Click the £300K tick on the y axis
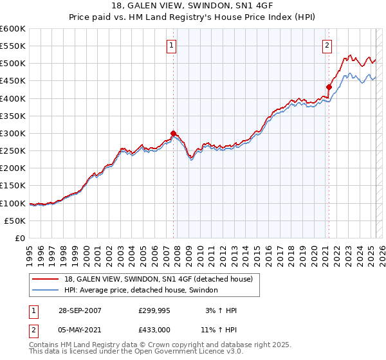(13, 133)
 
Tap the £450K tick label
(13, 81)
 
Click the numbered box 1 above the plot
(172, 45)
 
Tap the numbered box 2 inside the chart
(327, 45)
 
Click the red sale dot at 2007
(173, 134)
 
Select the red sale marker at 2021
(329, 87)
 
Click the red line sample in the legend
(46, 279)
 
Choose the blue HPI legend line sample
(46, 290)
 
